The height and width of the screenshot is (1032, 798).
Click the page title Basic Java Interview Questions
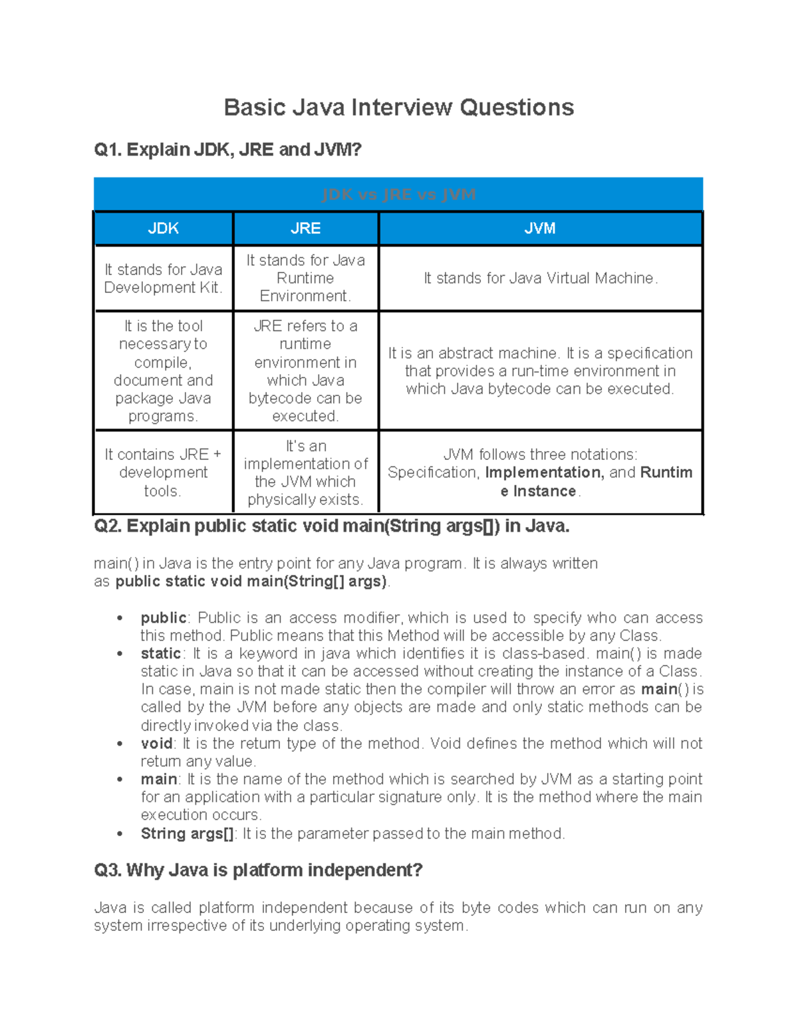[398, 108]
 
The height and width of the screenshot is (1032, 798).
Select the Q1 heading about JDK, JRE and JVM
[227, 150]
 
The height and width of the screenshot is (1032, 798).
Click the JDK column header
[163, 229]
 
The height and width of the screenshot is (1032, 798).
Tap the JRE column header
[305, 229]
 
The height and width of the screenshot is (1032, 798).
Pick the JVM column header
[539, 229]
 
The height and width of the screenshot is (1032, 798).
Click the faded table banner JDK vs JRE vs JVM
[398, 195]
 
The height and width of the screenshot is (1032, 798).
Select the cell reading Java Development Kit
[163, 278]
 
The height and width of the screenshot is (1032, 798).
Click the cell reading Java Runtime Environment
[305, 278]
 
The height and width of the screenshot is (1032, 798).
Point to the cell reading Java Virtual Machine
[540, 278]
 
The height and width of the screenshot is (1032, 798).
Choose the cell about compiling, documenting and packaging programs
[163, 371]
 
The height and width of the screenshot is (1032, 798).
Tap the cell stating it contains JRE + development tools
[163, 472]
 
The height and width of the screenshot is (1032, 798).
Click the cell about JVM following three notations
[540, 472]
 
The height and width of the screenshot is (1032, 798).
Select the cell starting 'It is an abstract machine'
[540, 371]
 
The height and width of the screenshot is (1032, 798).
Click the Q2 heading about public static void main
[332, 526]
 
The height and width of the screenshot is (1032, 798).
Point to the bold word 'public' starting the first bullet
[163, 618]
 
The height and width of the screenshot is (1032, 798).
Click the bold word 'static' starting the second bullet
[160, 654]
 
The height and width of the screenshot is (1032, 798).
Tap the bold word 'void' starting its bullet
[156, 744]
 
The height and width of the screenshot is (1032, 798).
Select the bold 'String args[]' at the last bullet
[187, 834]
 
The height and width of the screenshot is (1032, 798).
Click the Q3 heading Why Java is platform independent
[258, 870]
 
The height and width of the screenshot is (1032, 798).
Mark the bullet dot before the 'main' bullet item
[120, 780]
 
